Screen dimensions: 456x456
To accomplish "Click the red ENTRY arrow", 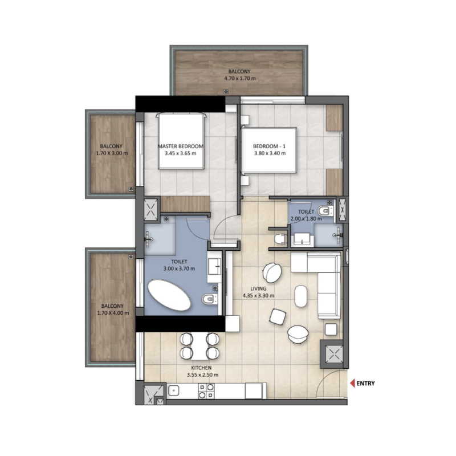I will click(x=352, y=383).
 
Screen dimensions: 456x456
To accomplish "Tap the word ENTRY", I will click(x=365, y=383).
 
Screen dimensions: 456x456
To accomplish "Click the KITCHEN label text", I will click(x=202, y=368).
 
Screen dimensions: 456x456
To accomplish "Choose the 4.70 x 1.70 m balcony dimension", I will click(x=239, y=78).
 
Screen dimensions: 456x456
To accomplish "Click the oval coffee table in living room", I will click(x=300, y=296).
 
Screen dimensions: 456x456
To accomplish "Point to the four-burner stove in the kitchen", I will click(x=206, y=390).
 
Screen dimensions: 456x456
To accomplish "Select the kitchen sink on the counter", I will click(x=175, y=391).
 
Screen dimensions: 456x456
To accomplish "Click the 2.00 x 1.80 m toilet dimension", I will click(x=303, y=218).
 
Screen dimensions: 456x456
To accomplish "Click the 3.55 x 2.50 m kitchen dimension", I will click(x=202, y=375).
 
